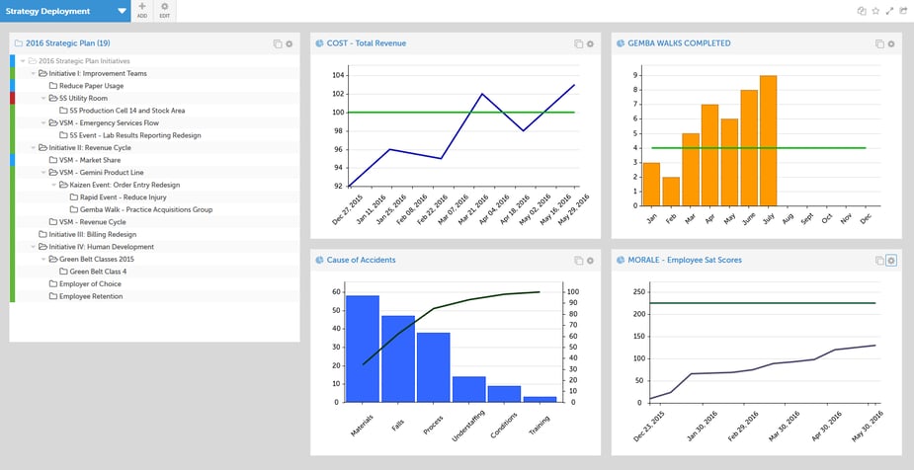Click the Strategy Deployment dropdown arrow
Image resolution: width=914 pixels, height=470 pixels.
tap(122, 11)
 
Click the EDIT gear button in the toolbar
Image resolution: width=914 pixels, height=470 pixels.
tap(164, 11)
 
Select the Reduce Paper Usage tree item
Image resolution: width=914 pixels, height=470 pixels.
tap(91, 86)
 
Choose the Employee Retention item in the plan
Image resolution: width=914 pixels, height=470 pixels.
tap(91, 296)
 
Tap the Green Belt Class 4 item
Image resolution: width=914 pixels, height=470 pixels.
tap(98, 272)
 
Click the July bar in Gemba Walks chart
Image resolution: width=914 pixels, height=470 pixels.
tap(769, 140)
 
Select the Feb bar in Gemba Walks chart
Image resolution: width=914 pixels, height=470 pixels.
tap(671, 191)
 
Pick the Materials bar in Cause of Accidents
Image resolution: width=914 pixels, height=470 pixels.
tap(363, 349)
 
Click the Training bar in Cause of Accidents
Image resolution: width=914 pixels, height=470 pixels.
tap(540, 399)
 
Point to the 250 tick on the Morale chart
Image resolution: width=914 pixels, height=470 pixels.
tap(637, 292)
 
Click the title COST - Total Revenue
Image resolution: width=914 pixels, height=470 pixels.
tap(366, 43)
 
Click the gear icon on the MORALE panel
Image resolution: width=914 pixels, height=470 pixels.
tap(890, 261)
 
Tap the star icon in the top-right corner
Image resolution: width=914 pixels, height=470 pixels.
tap(875, 11)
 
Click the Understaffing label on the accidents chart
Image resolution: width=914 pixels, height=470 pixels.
tap(465, 429)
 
